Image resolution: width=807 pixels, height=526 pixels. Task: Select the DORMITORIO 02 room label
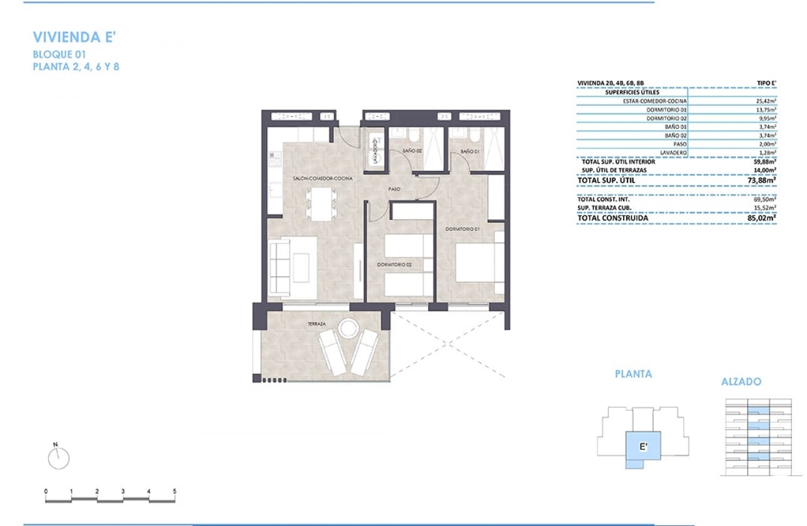pos(395,265)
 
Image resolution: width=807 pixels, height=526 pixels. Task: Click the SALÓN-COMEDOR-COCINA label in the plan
pos(322,178)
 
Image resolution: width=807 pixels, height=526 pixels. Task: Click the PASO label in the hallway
pos(394,188)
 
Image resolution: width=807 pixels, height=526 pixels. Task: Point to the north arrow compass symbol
pos(58,457)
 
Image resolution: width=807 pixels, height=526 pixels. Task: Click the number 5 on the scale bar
pos(175,491)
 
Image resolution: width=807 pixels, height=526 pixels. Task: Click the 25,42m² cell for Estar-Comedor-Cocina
pos(766,101)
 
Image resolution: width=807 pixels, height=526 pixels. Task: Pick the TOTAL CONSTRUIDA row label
pos(612,218)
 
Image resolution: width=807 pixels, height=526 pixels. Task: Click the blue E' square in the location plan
pos(642,447)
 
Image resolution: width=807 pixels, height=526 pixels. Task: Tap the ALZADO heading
pos(741,381)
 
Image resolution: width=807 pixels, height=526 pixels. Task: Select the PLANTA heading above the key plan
pos(633,374)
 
